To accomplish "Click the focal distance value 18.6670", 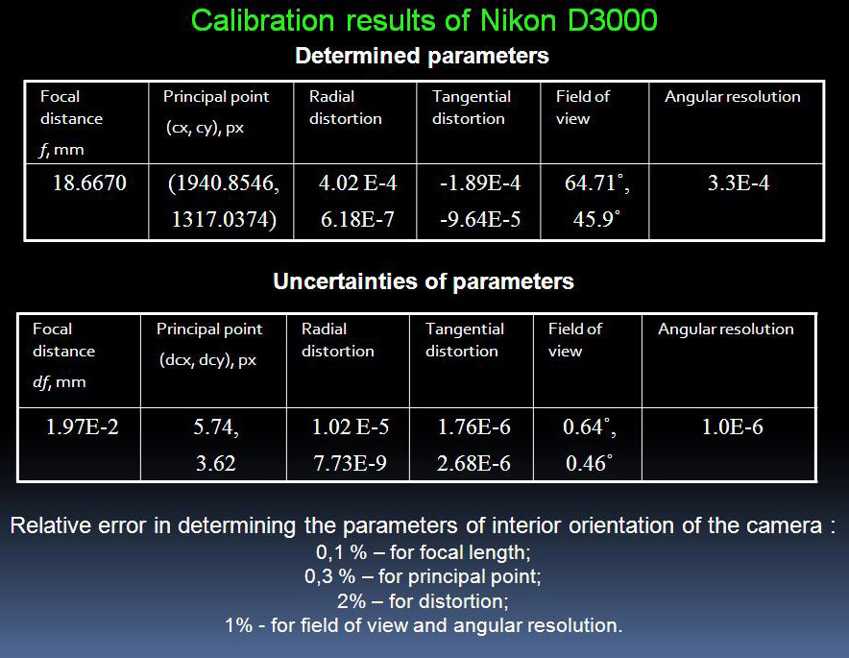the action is [89, 183].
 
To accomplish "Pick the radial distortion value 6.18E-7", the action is [357, 219].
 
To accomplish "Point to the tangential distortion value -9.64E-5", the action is [480, 219].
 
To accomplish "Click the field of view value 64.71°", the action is [594, 183].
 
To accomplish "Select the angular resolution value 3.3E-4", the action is [739, 183].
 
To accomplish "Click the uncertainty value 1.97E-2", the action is [82, 427].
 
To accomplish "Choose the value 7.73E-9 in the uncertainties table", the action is [350, 464].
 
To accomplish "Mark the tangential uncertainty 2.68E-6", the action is [473, 464].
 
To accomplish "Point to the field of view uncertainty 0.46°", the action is [589, 464].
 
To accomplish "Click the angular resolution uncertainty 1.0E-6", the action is [733, 427].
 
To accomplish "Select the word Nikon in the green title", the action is [519, 20].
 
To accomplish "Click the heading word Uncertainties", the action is [345, 281].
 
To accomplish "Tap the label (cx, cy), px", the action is [206, 128].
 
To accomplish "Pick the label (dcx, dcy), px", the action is [207, 360].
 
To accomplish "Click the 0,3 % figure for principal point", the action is [329, 576].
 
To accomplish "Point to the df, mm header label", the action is [60, 382].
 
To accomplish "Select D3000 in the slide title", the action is [613, 20].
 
